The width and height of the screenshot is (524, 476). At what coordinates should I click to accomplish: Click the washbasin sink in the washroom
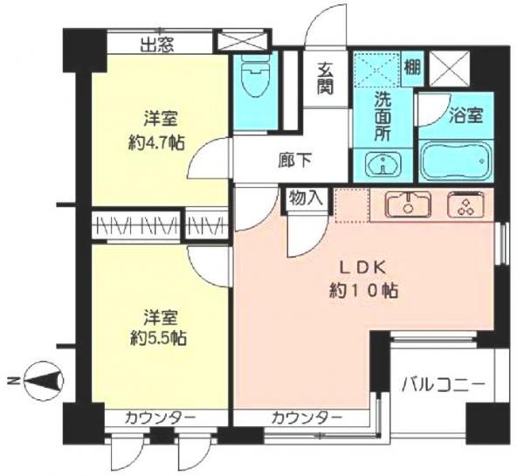[x=382, y=162]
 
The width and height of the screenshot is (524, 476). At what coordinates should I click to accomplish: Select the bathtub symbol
[x=456, y=161]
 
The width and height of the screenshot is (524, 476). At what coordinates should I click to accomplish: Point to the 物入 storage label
[x=305, y=197]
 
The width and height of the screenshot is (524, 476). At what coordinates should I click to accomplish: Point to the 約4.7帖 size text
[x=158, y=142]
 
